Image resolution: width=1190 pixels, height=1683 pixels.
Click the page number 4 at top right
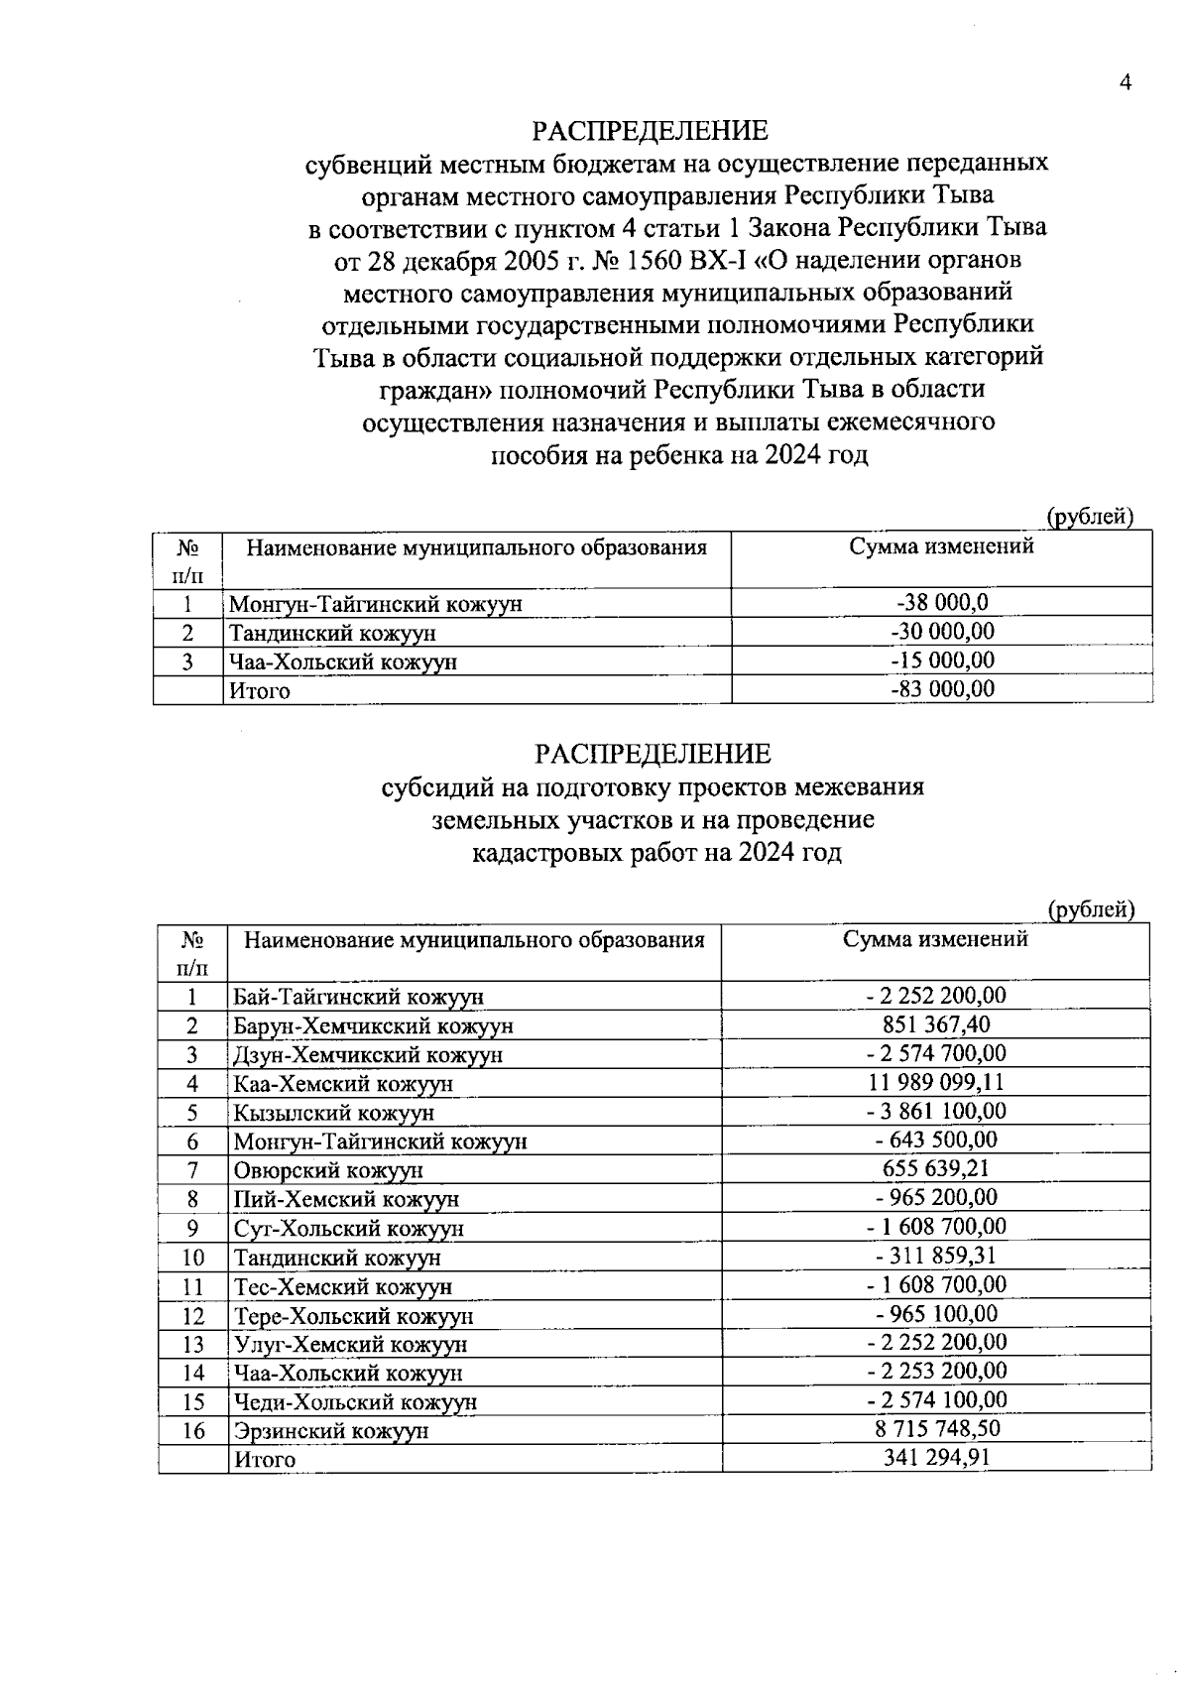click(x=1125, y=83)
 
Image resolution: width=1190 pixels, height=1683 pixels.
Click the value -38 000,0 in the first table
click(x=941, y=602)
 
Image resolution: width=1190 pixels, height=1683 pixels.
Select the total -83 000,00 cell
click(x=941, y=689)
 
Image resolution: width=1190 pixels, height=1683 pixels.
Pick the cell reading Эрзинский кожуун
click(x=330, y=1431)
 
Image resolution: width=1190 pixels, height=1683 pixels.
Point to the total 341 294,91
click(x=936, y=1458)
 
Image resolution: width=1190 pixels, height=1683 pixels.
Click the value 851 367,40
click(x=936, y=1024)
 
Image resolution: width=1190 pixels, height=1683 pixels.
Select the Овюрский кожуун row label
click(x=327, y=1170)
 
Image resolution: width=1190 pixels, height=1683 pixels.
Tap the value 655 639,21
click(x=936, y=1169)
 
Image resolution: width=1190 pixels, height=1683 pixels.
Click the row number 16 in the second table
click(x=193, y=1430)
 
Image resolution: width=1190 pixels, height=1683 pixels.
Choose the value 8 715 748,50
click(x=936, y=1429)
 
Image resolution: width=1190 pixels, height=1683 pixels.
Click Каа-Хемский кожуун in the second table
click(x=342, y=1084)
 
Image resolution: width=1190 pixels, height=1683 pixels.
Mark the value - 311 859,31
click(x=936, y=1256)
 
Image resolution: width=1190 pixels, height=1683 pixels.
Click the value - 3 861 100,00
click(x=936, y=1111)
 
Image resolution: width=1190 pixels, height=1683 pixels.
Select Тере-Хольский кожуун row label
click(x=353, y=1316)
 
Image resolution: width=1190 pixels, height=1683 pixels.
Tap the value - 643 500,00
click(x=936, y=1141)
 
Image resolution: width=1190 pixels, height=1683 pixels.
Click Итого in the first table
click(x=260, y=691)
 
